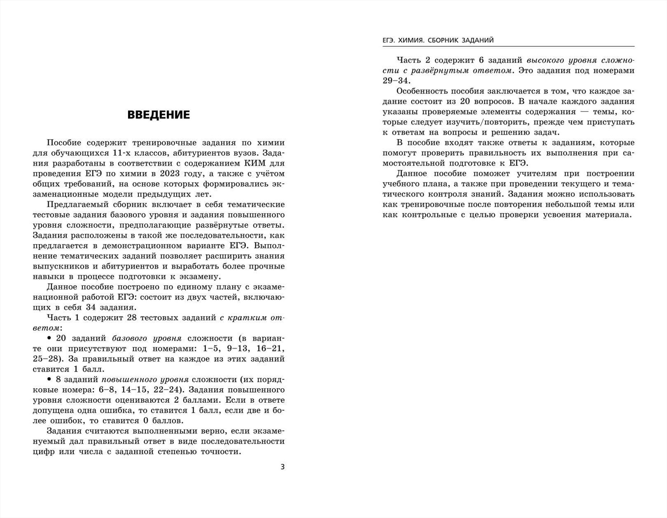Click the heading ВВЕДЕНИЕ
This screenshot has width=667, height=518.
coord(158,115)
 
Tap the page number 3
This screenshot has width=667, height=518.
coord(282,466)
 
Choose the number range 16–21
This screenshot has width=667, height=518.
coord(270,349)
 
